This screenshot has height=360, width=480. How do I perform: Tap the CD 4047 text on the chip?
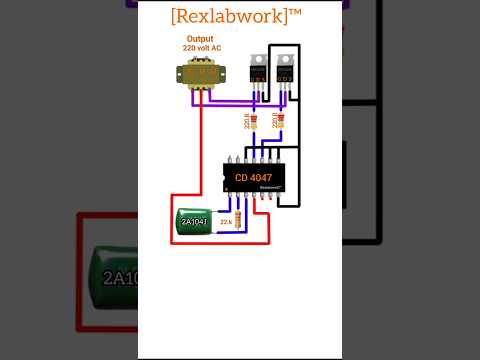tap(252, 178)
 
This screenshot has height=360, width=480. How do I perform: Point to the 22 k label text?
tap(226, 222)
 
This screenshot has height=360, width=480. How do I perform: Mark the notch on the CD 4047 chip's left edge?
tap(225, 178)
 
